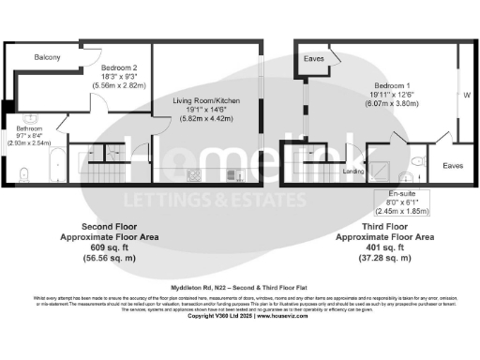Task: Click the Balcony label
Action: (48, 58)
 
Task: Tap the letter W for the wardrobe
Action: (465, 94)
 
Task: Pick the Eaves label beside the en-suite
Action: (453, 166)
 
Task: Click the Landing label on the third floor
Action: (354, 171)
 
